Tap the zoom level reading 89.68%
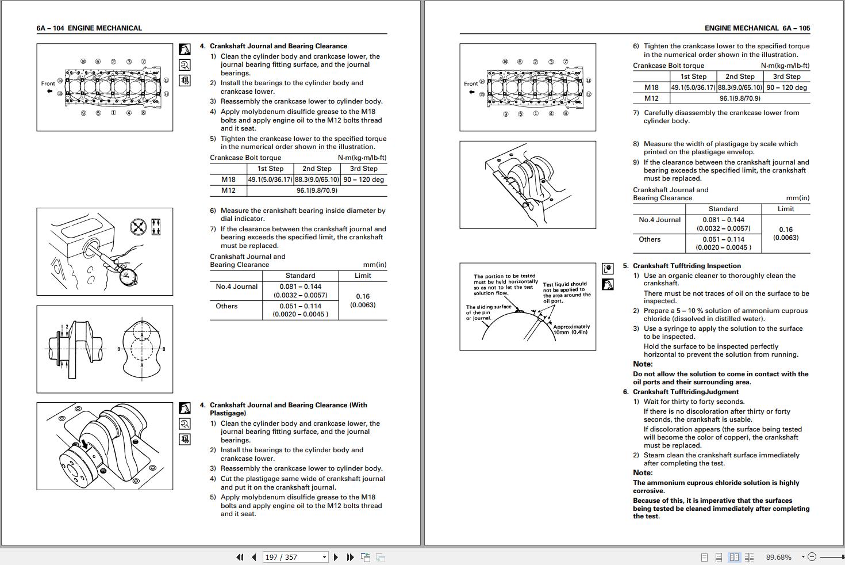[x=778, y=557]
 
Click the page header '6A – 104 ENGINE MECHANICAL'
[x=89, y=28]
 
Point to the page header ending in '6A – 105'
[x=757, y=28]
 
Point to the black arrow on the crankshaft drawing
[x=84, y=444]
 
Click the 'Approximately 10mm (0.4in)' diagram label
[x=571, y=329]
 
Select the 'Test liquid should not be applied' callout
[x=566, y=292]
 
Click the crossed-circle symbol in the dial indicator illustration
[x=138, y=227]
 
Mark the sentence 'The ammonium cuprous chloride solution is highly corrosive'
[x=716, y=487]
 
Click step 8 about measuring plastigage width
[x=720, y=148]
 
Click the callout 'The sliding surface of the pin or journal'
[x=488, y=312]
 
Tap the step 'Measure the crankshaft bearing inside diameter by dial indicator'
[x=302, y=215]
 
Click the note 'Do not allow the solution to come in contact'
[x=720, y=378]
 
